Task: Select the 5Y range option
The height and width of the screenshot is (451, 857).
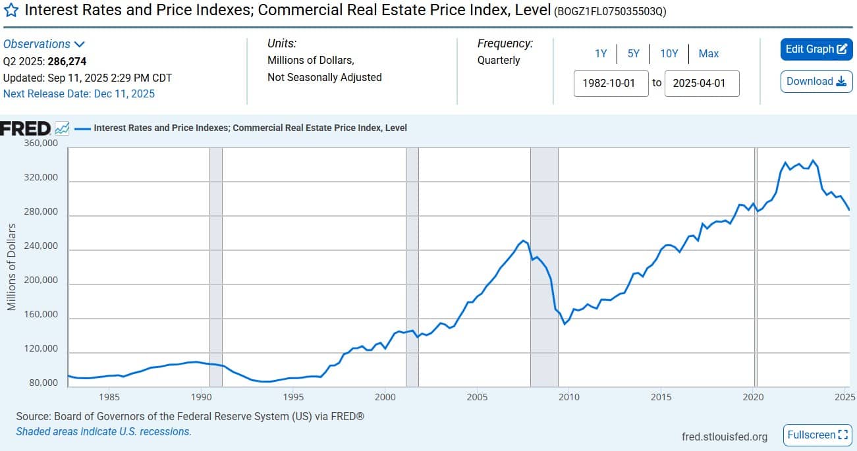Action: point(633,54)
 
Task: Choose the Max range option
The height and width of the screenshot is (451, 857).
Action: point(709,54)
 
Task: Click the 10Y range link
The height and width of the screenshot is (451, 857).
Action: point(669,54)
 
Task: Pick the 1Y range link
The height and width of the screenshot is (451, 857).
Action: point(601,54)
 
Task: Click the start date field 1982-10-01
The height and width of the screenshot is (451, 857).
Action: point(611,84)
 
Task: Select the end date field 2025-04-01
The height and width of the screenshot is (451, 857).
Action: point(702,84)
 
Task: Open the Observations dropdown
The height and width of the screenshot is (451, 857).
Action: point(44,44)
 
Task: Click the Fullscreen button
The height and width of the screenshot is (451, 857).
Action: point(817,435)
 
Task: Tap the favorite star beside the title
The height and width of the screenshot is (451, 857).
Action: point(11,12)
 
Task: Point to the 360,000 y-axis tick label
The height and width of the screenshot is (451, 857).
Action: point(41,144)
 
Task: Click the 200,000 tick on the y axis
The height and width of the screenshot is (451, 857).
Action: point(41,280)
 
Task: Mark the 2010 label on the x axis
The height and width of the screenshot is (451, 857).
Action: point(568,397)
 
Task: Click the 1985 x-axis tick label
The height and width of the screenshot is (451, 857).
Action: point(109,397)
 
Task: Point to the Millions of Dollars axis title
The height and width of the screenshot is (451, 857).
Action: point(11,267)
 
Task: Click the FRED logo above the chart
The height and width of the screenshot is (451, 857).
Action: point(25,128)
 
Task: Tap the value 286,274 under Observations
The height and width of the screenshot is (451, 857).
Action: point(67,62)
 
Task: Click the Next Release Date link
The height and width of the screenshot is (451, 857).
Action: point(79,93)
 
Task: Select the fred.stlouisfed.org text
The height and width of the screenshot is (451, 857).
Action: point(725,437)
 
